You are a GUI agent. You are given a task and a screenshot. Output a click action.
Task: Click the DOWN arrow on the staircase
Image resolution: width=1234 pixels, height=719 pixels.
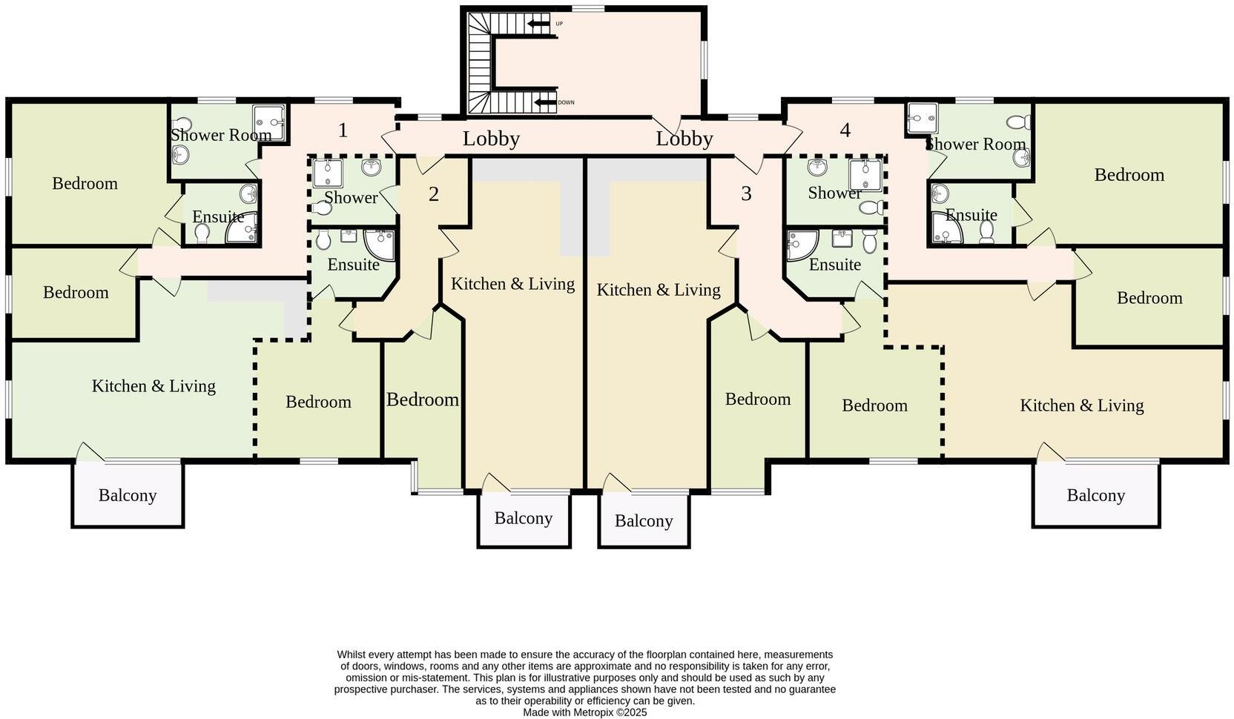[x=545, y=102]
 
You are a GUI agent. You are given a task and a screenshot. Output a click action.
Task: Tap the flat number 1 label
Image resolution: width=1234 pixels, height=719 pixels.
[x=343, y=130]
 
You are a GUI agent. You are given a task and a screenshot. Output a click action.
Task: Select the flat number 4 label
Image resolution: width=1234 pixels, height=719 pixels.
[x=845, y=130]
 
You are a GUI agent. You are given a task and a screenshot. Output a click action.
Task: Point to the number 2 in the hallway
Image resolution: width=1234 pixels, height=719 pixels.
[x=434, y=194]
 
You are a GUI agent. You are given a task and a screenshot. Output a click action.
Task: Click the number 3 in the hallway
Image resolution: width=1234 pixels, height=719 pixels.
[x=746, y=193]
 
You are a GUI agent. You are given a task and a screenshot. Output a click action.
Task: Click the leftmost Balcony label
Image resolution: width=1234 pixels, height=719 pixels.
[x=128, y=495]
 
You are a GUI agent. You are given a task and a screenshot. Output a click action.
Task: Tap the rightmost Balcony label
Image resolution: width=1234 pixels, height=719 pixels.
[x=1095, y=495]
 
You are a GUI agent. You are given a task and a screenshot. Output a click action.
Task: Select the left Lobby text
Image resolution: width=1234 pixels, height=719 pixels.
[x=491, y=139]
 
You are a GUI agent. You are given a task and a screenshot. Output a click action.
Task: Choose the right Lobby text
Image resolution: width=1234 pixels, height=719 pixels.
[x=684, y=139]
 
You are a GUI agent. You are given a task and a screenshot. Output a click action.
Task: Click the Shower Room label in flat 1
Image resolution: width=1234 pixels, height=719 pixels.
[x=220, y=135]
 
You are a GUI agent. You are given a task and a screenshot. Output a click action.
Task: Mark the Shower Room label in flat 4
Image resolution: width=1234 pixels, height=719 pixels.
[x=975, y=144]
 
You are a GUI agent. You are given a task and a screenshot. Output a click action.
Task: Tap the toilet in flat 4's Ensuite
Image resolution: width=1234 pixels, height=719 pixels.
[x=986, y=232]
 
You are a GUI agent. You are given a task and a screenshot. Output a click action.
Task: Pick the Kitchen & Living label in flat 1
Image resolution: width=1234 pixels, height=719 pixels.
[x=154, y=386]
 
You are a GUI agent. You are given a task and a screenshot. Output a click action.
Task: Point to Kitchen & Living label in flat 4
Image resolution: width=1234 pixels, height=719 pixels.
[x=1081, y=405]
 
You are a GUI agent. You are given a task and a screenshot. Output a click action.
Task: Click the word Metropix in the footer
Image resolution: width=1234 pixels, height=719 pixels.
[x=593, y=712]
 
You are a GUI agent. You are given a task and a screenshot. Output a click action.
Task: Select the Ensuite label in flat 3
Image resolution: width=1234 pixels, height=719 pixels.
[x=834, y=265]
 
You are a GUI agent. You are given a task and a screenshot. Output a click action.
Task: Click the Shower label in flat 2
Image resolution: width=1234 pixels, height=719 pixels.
[x=350, y=198]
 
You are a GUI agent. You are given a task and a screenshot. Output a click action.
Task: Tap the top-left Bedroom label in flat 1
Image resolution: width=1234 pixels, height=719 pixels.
[x=85, y=183]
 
